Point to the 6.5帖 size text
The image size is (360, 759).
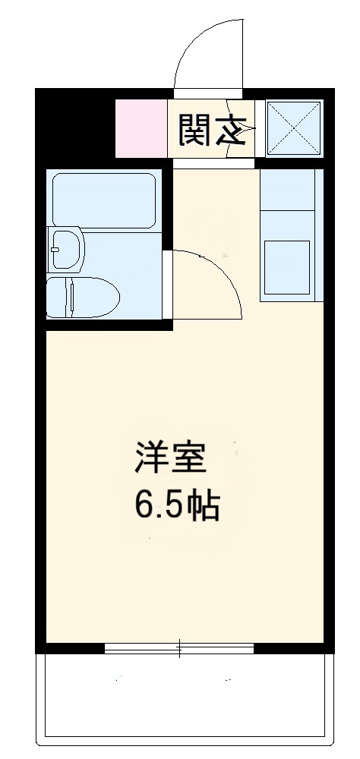[x=178, y=505]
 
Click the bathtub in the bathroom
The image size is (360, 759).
[x=102, y=199]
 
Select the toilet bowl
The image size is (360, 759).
[x=82, y=297]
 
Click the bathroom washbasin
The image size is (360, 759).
[x=67, y=249]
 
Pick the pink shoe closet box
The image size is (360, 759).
[x=141, y=128]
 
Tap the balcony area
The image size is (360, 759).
[x=188, y=694]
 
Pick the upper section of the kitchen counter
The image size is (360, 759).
[x=286, y=190]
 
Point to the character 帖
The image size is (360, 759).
[x=206, y=505]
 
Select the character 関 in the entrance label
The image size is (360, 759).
[x=194, y=130]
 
